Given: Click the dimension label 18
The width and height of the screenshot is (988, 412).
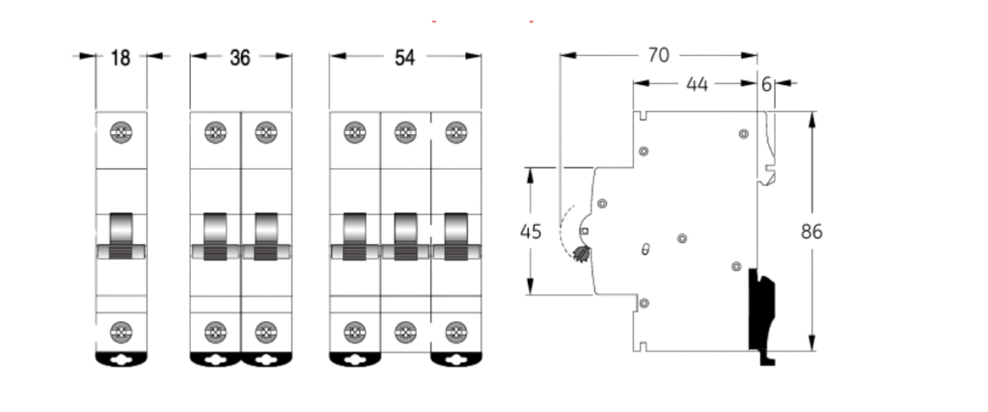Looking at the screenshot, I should pos(122,58).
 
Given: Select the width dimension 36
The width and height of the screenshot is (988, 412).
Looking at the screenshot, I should pos(240,58).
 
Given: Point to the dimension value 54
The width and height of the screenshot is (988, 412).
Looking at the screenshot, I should pos(405,58).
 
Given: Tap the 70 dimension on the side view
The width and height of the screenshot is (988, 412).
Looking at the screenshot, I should pos(659,56).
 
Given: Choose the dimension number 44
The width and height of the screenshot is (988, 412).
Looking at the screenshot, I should pos(697,84).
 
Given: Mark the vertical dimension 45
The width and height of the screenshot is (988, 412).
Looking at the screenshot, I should pos(531,232).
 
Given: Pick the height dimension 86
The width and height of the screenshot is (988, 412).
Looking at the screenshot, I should pos(812,232).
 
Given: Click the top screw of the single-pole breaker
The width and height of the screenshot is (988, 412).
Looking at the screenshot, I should pos(122,132).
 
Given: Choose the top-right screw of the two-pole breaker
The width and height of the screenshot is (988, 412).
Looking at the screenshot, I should pos(265,132).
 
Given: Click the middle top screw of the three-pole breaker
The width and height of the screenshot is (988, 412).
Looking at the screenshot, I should pos(404,132).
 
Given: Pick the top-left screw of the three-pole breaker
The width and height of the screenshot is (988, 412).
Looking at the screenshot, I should pos(354,132).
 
